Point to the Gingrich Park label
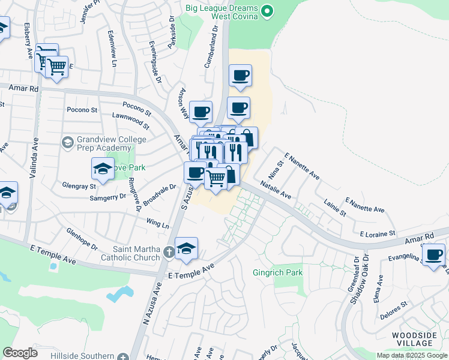point(277,272)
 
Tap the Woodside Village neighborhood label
point(416,339)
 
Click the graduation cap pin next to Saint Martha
point(186,249)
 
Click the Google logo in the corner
point(20,352)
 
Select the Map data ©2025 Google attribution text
point(411,355)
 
